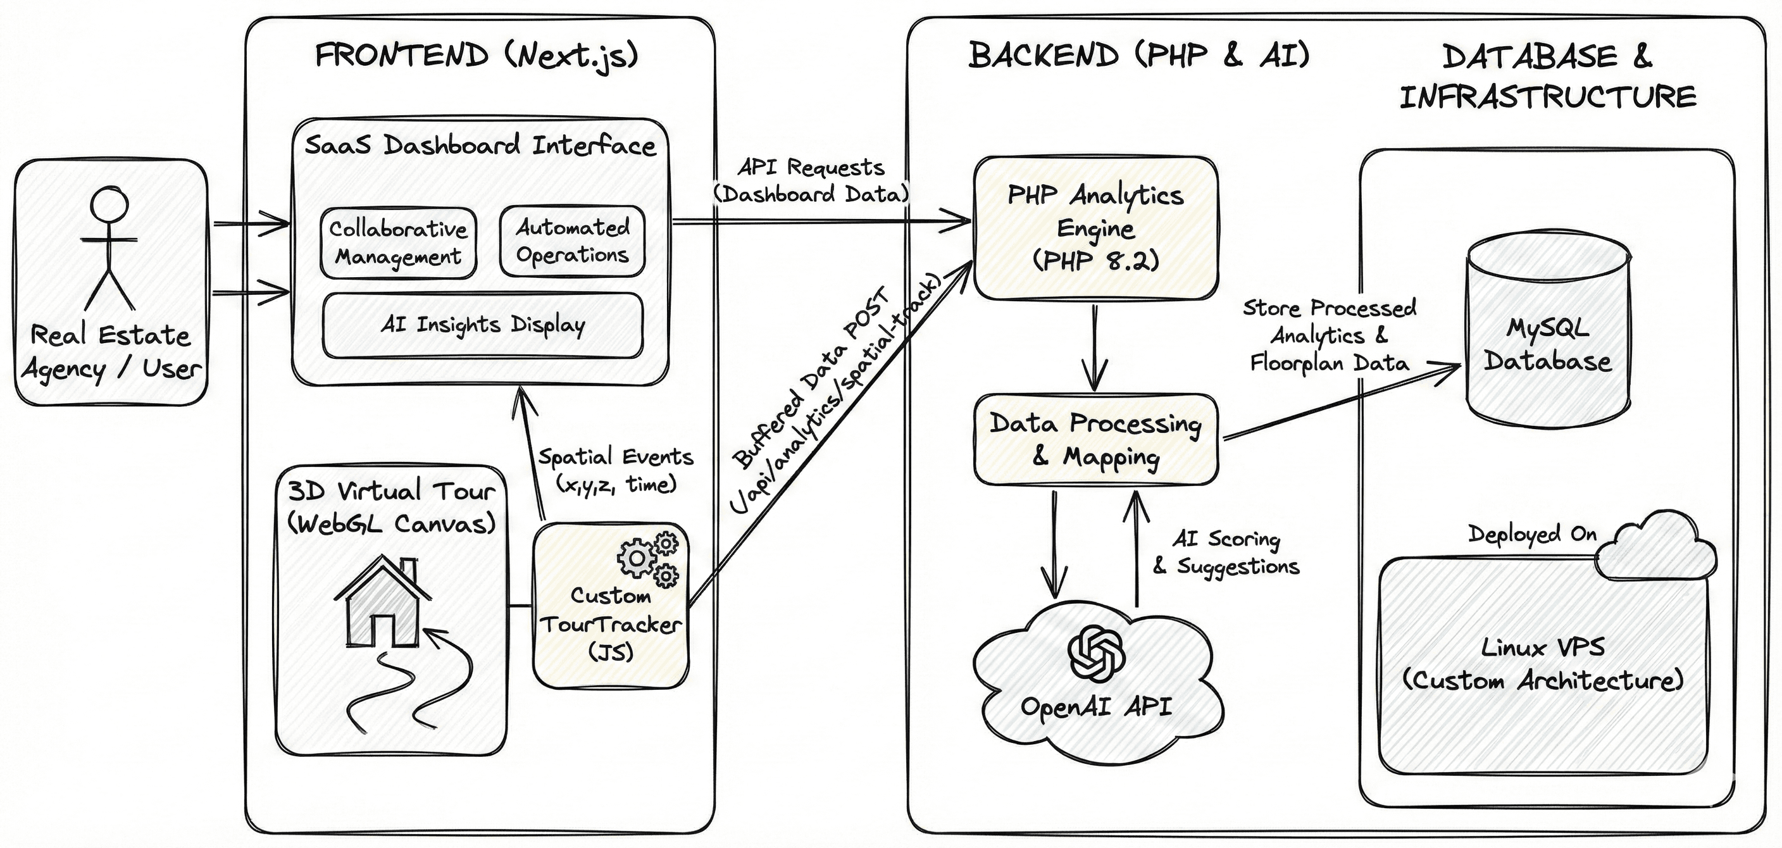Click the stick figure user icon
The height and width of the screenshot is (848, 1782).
109,249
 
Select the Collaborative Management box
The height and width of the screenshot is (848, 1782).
399,243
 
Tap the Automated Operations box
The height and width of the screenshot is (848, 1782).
572,241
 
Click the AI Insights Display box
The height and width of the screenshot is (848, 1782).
482,325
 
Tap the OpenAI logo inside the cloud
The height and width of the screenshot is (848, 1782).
1096,654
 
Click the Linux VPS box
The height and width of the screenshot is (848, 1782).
1543,664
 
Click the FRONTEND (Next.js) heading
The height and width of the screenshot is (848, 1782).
476,55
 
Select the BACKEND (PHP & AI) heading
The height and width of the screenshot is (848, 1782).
1138,55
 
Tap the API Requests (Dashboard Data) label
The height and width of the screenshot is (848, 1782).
811,180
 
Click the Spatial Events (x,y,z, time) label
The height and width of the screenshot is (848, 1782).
616,470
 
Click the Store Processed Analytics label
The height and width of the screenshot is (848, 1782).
1329,335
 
